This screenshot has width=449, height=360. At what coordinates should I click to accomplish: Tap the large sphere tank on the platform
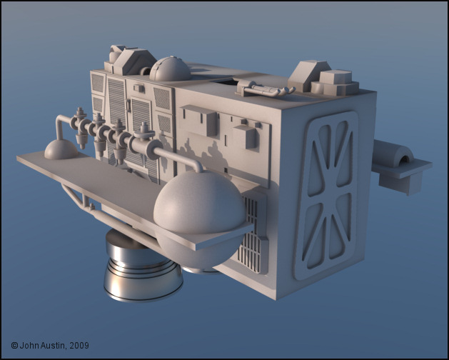[x=200, y=218]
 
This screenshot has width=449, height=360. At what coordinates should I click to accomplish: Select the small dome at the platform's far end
[x=61, y=149]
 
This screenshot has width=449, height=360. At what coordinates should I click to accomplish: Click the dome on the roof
[x=170, y=69]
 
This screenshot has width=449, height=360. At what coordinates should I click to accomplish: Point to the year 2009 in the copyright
[x=79, y=346]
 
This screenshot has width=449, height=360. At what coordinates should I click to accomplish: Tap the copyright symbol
[x=14, y=346]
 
